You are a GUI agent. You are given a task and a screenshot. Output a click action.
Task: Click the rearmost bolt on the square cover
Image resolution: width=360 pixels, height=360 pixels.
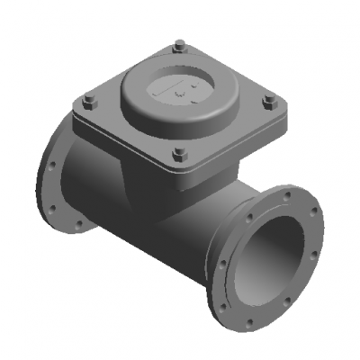180,44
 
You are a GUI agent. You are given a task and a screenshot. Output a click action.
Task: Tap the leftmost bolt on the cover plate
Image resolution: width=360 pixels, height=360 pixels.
87,100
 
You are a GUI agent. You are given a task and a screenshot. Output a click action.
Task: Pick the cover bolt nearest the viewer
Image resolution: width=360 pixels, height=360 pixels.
179,152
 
